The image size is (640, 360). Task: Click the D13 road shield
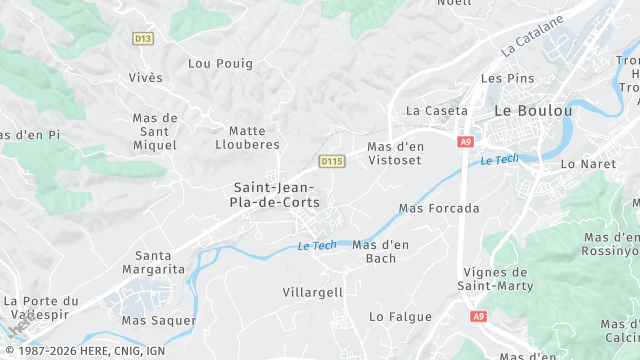(x=143, y=38)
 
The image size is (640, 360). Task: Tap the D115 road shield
(x=332, y=161)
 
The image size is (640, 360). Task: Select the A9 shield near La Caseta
(x=465, y=142)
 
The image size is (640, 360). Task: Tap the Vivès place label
(x=145, y=77)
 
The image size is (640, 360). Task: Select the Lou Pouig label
(x=220, y=63)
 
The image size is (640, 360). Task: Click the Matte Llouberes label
(x=247, y=137)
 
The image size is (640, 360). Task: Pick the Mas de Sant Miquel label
(x=155, y=132)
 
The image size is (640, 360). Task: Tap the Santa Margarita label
(x=154, y=262)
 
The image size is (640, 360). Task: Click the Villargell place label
(x=313, y=292)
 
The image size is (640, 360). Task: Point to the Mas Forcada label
(x=439, y=209)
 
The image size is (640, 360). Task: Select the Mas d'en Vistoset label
(x=396, y=153)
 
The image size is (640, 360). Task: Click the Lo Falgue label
(x=400, y=316)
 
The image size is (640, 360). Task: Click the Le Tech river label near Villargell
(x=317, y=246)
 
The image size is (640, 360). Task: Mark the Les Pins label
(x=503, y=77)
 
